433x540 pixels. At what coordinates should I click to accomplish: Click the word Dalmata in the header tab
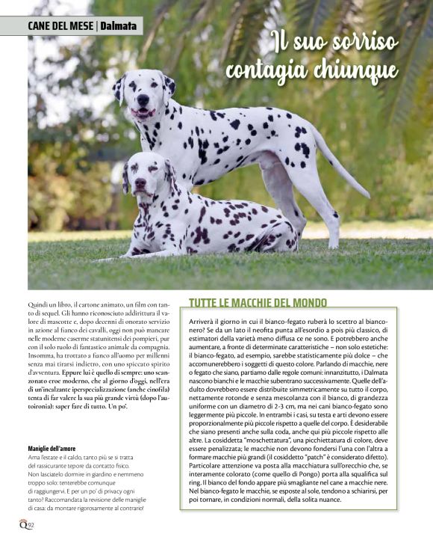tap(119, 26)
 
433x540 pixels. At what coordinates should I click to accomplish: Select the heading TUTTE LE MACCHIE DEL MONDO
tap(258, 303)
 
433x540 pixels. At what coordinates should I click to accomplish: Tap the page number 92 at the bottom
tap(31, 525)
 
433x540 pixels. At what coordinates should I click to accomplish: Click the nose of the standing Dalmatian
tap(143, 99)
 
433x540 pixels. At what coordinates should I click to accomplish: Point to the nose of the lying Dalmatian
tap(140, 182)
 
